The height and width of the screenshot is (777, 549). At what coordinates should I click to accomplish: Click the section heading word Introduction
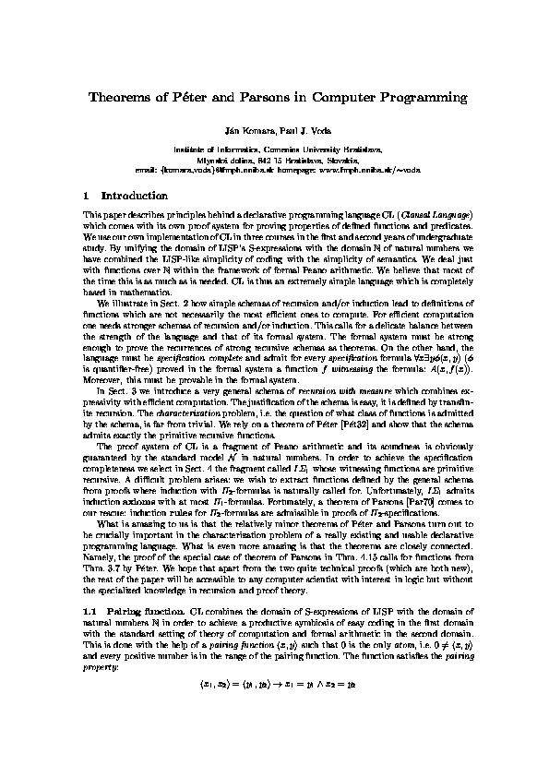(135, 196)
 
